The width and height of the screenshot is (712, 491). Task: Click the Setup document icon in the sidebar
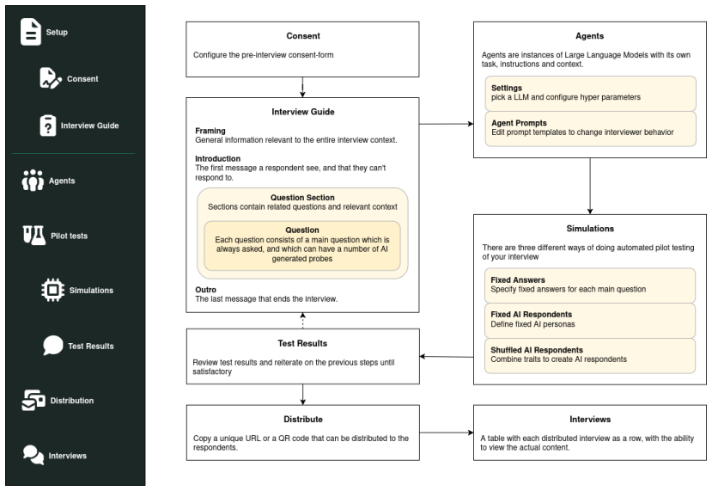[30, 32]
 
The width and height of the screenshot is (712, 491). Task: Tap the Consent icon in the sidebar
[51, 78]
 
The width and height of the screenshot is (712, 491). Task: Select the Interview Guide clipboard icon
[48, 126]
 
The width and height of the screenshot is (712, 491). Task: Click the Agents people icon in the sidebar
[33, 181]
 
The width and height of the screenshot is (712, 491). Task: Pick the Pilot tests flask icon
[34, 236]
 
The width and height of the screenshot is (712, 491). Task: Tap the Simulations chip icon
[52, 290]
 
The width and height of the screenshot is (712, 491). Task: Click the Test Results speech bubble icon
[53, 346]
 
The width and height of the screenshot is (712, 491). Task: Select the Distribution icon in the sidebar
[33, 400]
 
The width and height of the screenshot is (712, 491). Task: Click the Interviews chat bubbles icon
[33, 455]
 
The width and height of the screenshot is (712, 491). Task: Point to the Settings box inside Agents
[590, 93]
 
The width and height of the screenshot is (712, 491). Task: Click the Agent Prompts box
[590, 129]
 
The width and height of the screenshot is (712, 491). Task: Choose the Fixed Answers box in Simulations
[590, 285]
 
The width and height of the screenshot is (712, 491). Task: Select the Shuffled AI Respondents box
[590, 356]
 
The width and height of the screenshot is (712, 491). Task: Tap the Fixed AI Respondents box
[590, 321]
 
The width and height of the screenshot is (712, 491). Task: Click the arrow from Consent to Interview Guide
[302, 87]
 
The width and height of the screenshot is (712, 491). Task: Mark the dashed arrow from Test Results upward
[302, 321]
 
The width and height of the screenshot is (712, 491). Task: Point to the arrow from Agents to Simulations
[590, 186]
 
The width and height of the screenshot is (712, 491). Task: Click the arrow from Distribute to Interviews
[447, 433]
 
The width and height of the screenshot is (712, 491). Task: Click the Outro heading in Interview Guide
[206, 290]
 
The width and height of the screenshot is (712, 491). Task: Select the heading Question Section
[302, 197]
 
